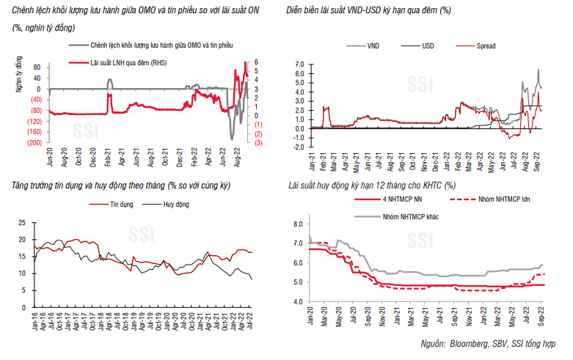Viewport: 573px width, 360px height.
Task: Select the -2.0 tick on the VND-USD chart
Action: click(299, 147)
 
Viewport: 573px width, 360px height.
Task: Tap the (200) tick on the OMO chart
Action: click(35, 143)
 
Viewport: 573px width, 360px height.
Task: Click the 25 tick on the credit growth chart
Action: click(21, 222)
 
